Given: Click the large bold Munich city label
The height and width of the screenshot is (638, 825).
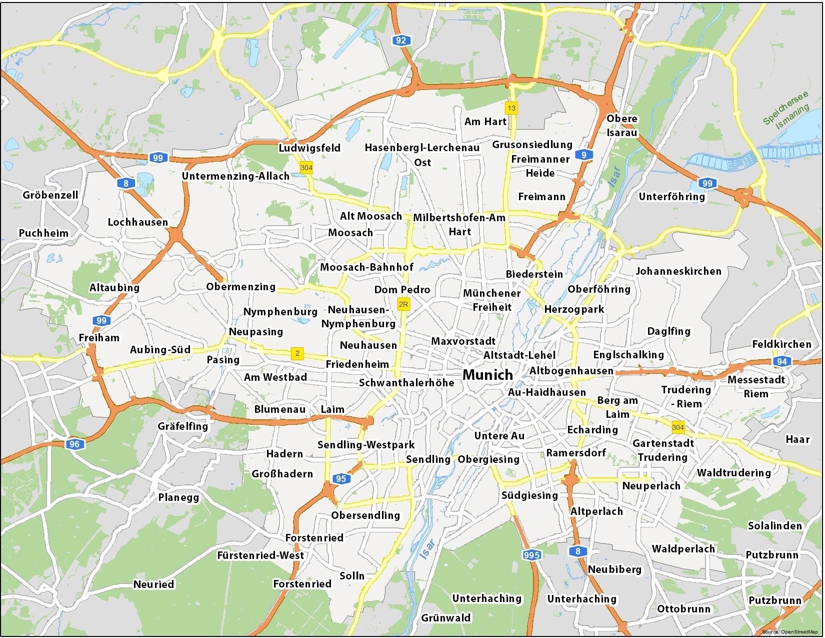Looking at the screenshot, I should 487,375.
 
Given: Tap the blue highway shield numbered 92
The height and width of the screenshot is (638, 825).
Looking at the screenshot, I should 401,41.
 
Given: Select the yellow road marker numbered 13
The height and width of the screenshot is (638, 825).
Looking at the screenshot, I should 511,108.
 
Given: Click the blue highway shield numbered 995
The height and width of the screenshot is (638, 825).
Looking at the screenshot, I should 531,554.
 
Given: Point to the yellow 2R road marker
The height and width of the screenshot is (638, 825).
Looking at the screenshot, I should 403,304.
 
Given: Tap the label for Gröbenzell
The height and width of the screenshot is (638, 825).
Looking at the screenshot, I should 50,195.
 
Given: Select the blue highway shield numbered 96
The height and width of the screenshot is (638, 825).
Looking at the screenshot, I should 74,444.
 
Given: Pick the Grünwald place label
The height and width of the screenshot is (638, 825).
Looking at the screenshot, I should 445,618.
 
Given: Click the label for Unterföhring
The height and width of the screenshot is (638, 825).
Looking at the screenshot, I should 671,197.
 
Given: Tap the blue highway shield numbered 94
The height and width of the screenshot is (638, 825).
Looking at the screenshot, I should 781,361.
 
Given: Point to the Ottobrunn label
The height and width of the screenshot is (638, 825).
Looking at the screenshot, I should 683,609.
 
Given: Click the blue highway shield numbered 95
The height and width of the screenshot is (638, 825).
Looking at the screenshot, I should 341,478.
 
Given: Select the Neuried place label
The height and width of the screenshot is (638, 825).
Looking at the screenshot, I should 153,584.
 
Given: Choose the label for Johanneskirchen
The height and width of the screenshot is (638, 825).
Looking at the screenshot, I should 678,271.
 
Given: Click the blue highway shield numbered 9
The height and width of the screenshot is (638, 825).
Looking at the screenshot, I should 583,155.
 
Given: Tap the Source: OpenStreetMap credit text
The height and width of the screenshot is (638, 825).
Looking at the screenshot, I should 789,632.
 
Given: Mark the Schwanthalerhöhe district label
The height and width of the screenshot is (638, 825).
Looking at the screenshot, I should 406,383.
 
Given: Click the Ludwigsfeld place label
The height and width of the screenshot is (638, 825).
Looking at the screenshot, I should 309,148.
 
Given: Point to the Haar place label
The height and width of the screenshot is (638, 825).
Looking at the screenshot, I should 797,439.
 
